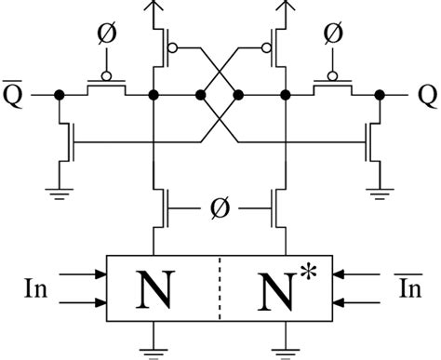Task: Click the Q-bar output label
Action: pyautogui.click(x=17, y=95)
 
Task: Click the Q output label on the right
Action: pyautogui.click(x=423, y=96)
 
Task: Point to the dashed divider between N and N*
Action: pyautogui.click(x=220, y=288)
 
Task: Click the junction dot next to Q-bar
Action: pyautogui.click(x=60, y=95)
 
